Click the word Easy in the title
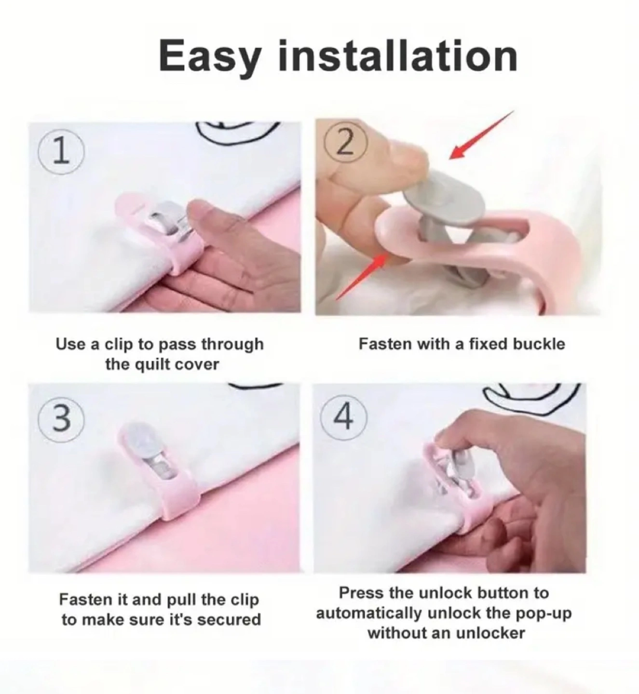pyautogui.click(x=209, y=57)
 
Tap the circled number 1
pyautogui.click(x=61, y=153)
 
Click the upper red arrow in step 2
pyautogui.click(x=481, y=135)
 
